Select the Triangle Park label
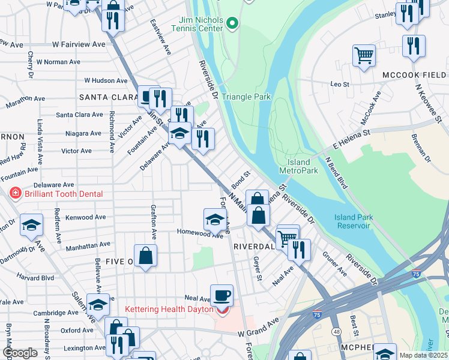tap(246, 97)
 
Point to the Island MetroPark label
tap(298, 166)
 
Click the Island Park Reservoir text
tap(352, 221)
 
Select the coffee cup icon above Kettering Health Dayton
tap(221, 295)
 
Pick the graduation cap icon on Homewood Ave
tap(214, 219)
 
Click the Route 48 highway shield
tap(334, 331)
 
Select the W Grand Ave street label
tap(258, 332)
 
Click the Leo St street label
tap(340, 85)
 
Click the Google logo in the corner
tap(20, 353)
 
